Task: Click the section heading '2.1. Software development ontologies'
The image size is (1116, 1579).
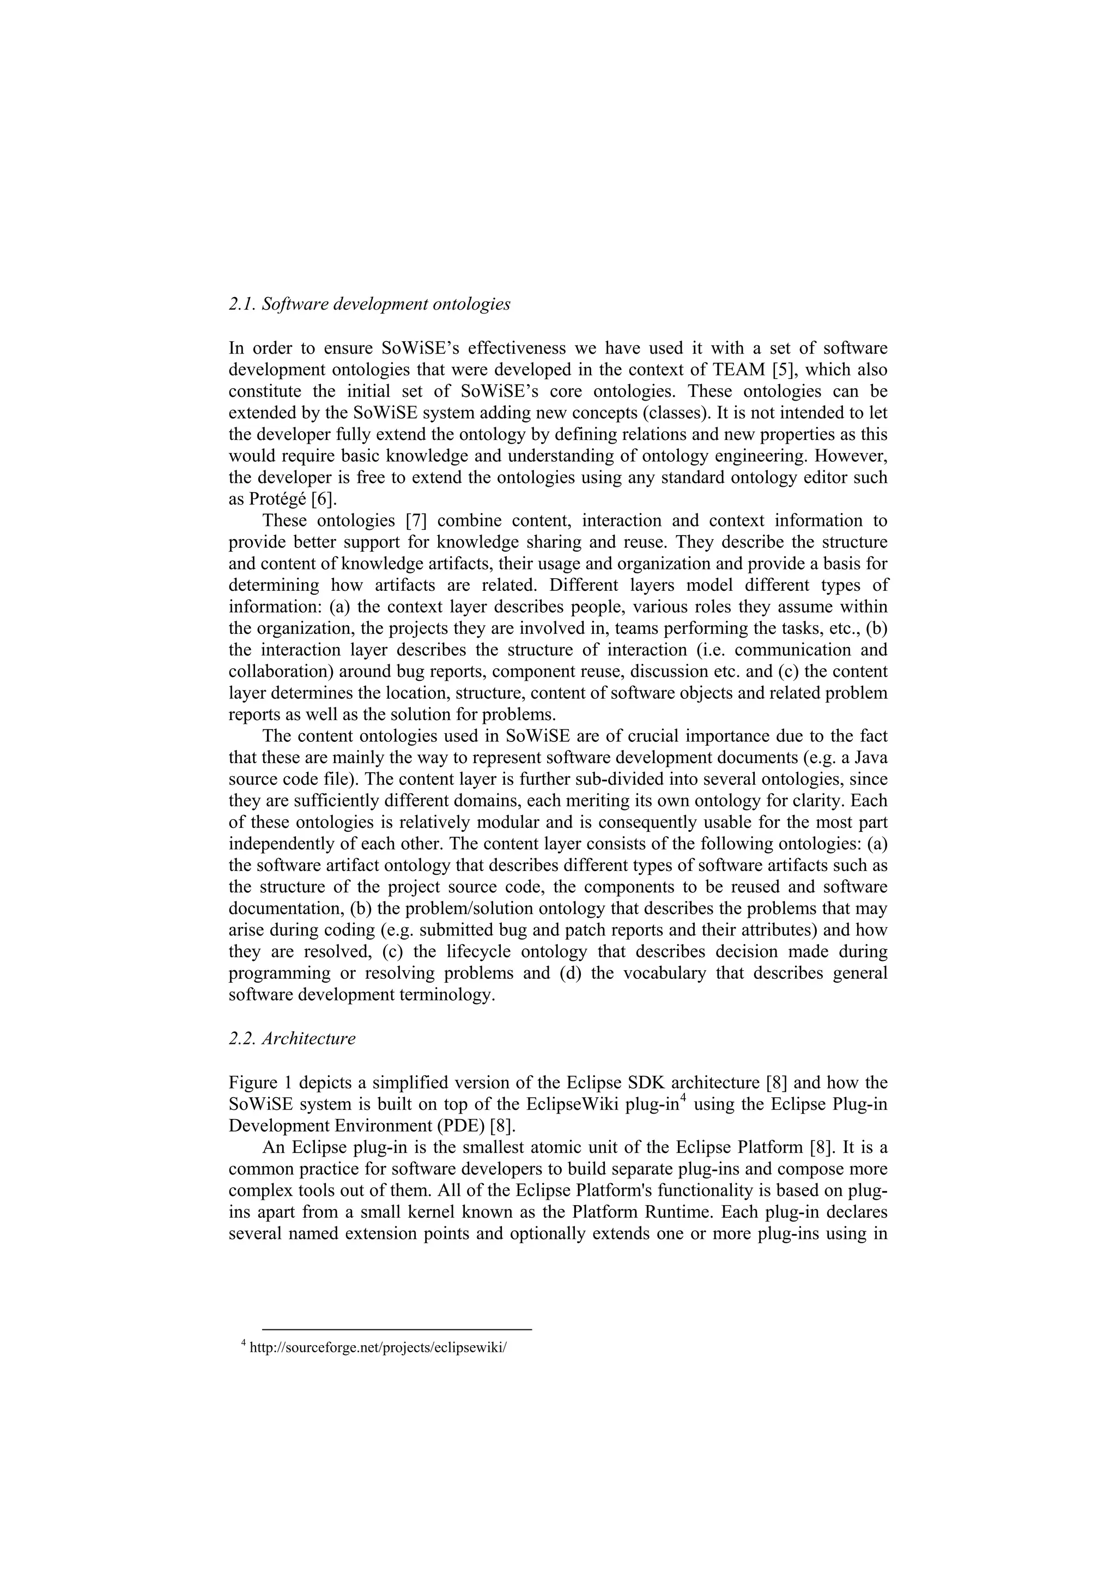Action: pos(369,304)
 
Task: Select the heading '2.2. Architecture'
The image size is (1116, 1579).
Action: pos(292,1038)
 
